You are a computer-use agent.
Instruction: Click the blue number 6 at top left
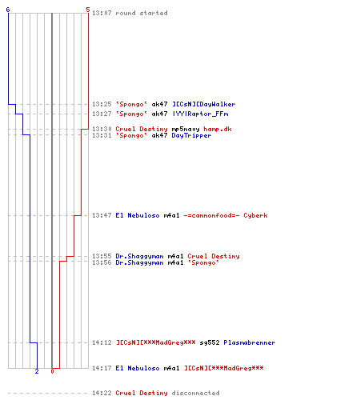click(x=8, y=10)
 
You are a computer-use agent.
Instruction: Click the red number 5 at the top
click(x=88, y=10)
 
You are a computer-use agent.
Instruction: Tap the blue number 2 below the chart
click(x=37, y=371)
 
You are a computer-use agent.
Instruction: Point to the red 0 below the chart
click(x=52, y=371)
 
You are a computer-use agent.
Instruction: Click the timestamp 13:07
click(x=102, y=13)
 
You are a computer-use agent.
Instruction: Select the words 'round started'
click(x=142, y=13)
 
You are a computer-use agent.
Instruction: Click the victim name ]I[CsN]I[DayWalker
click(x=203, y=104)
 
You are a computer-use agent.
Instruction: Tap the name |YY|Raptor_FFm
click(x=201, y=114)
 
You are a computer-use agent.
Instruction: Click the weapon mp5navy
click(x=186, y=130)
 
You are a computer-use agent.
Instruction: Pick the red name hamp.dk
click(x=218, y=129)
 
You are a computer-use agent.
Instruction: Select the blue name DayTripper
click(x=191, y=136)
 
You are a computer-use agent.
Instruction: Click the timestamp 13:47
click(x=102, y=215)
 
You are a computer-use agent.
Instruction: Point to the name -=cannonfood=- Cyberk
click(x=226, y=215)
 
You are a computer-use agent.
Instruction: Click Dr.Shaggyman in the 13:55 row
click(x=139, y=256)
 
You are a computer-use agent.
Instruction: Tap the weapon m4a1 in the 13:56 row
click(x=175, y=262)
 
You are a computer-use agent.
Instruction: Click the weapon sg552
click(x=210, y=342)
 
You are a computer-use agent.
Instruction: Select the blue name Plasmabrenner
click(x=250, y=342)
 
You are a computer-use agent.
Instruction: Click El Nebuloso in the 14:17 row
click(x=138, y=368)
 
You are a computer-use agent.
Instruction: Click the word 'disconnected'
click(x=196, y=393)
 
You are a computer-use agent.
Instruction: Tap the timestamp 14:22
click(x=102, y=393)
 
